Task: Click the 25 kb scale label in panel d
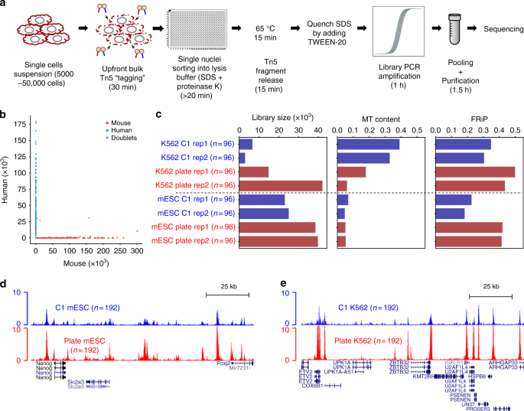click(229, 285)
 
